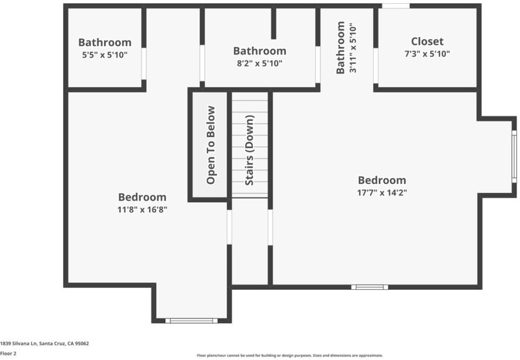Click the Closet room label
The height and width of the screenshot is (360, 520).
click(427, 42)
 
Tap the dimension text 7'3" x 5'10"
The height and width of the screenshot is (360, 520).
click(427, 54)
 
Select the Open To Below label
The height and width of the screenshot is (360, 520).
click(211, 145)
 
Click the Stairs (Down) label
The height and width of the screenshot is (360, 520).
click(250, 150)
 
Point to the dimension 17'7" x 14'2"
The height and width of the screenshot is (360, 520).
click(382, 192)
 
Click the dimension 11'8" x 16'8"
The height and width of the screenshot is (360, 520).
click(142, 209)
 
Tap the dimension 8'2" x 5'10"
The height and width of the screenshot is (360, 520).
click(259, 63)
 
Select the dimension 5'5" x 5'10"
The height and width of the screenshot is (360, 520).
click(105, 55)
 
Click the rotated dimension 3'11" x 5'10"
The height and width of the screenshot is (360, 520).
click(353, 48)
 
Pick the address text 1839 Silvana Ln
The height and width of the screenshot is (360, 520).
click(19, 343)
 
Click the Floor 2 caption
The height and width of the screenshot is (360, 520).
click(8, 354)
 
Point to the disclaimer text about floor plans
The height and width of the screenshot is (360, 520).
click(289, 355)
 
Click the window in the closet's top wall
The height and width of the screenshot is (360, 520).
click(396, 6)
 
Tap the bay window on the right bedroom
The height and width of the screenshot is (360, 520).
click(514, 157)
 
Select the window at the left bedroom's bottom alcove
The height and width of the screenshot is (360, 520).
click(191, 320)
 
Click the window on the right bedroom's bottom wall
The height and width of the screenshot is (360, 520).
click(369, 287)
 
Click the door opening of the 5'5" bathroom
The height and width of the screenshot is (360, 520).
click(144, 64)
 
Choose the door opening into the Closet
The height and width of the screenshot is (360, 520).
click(376, 66)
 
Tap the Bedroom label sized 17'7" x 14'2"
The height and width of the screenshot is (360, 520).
click(382, 180)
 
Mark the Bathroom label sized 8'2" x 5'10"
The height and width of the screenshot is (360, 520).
click(259, 51)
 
